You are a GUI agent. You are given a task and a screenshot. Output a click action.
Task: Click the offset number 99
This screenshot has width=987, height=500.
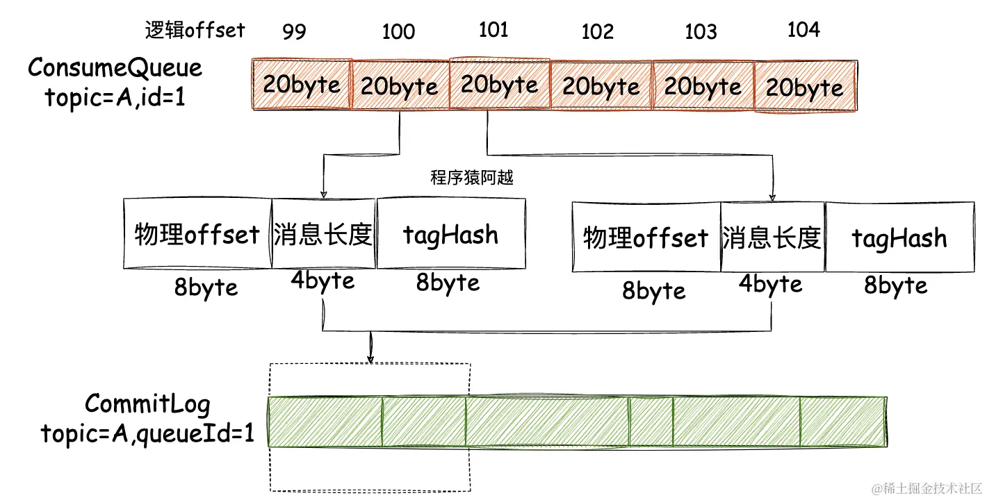coord(295,32)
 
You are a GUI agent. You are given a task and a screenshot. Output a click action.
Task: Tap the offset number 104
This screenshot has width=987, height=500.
coord(804,30)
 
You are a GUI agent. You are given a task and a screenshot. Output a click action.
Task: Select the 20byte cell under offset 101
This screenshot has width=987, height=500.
coord(500,85)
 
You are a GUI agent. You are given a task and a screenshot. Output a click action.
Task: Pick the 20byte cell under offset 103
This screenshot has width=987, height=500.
coord(703,86)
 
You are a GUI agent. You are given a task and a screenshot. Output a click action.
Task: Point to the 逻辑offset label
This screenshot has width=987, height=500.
coord(195,29)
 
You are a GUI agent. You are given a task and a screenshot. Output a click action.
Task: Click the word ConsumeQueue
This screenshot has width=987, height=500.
coord(115,68)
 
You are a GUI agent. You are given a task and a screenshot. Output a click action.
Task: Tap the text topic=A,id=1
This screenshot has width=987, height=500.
coord(115,97)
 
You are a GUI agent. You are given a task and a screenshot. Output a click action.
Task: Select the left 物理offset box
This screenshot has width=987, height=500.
coord(197,235)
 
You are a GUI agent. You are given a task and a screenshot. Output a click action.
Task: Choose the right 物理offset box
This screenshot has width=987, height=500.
coord(646,237)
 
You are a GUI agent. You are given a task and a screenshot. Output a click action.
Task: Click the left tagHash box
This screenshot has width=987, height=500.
coord(450,235)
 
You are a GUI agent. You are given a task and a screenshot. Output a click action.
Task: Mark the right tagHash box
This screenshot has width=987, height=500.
coord(899,238)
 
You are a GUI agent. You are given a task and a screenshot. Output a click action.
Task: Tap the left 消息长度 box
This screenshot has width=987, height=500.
coord(324,235)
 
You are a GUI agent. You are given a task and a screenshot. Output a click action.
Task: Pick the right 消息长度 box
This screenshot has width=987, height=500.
coord(772,238)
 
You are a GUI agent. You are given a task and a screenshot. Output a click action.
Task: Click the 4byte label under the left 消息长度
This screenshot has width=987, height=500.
coord(323,281)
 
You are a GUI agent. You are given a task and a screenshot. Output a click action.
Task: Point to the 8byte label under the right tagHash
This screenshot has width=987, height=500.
coord(896,285)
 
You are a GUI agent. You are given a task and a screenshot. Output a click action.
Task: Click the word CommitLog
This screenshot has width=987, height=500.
coord(147,403)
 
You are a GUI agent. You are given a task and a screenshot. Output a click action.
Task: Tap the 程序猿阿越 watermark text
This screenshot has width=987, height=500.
coord(472,178)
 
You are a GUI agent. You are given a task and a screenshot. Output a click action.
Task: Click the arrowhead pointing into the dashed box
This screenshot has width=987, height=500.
coord(370,358)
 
